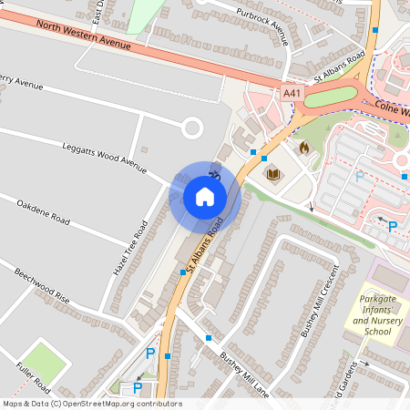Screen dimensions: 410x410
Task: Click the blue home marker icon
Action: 205,196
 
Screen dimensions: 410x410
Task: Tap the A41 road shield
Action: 292,93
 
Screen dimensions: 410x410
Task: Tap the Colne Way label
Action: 392,108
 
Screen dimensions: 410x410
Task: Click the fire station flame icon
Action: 304,146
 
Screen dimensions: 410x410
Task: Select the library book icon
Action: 272,172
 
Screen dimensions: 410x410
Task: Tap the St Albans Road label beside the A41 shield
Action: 339,68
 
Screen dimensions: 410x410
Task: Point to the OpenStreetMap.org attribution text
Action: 91,404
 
